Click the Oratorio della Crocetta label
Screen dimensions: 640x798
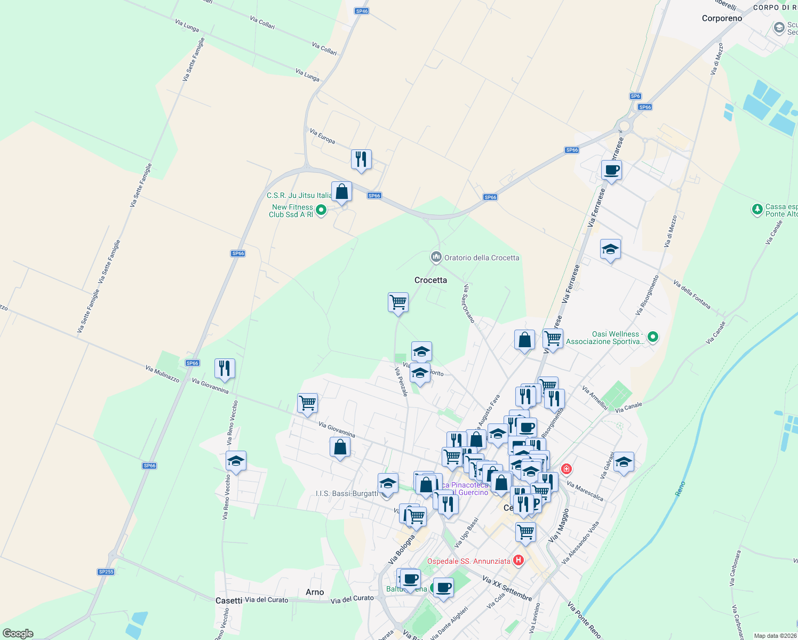tap(481, 258)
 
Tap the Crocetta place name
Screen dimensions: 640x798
tap(430, 280)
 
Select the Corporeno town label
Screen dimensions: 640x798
tap(722, 19)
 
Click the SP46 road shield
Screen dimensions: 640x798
tap(362, 11)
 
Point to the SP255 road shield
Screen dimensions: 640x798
tap(106, 572)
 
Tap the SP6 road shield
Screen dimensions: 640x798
tap(635, 97)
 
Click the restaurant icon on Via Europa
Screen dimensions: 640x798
tap(361, 159)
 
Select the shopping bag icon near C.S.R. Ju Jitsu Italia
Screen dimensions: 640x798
tap(341, 191)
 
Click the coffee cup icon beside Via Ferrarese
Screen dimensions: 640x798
tap(611, 170)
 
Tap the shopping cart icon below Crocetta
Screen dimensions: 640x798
tap(398, 302)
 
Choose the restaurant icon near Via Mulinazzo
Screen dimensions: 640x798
tap(225, 368)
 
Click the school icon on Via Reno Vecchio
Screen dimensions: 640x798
tap(235, 461)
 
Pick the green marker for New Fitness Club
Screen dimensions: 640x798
tap(321, 210)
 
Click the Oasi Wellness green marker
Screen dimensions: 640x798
tap(652, 337)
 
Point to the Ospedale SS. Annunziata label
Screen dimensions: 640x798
tap(468, 561)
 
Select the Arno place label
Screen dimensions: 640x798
tap(315, 592)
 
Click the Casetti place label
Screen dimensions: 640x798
tap(229, 601)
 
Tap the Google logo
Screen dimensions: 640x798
tap(18, 633)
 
